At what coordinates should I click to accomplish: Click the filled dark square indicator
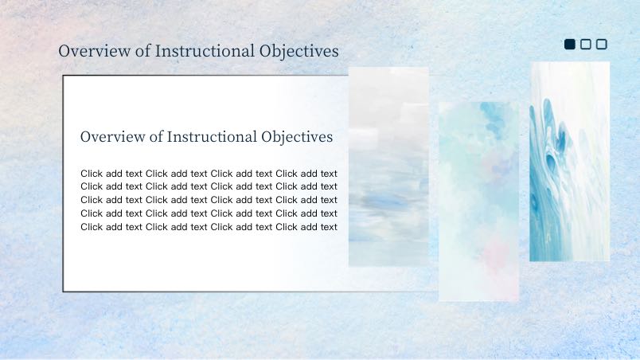point(570,44)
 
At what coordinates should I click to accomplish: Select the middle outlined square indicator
point(586,44)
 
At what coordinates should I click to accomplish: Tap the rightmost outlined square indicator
point(602,44)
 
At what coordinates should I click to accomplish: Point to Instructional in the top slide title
point(205,51)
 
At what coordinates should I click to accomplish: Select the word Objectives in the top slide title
point(299,52)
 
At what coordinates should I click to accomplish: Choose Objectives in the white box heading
point(297,137)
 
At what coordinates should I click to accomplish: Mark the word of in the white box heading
point(156,137)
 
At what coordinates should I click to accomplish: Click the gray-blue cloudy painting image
point(388,167)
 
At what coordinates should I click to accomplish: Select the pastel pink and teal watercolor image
point(478,202)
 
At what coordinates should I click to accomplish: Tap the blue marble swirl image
point(570,162)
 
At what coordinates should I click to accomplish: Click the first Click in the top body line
point(92,174)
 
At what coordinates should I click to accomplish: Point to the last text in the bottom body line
point(329,227)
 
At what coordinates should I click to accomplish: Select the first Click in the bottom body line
point(92,227)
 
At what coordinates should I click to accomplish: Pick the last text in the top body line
point(329,174)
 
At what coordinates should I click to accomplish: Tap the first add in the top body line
point(114,174)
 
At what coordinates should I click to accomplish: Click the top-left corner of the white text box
point(63,76)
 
